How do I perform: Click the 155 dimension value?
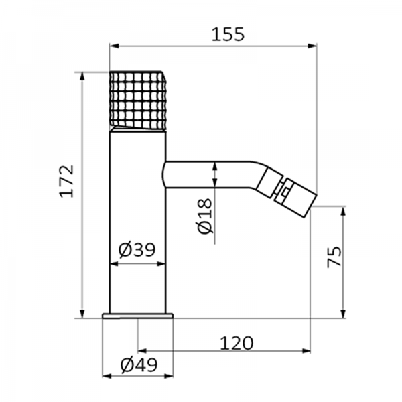click(228, 34)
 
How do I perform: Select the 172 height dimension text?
click(66, 181)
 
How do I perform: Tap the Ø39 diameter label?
click(137, 249)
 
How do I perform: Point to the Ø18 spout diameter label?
click(206, 216)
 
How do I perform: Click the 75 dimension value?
click(334, 257)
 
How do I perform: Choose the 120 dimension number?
click(237, 343)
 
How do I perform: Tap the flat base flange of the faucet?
click(137, 316)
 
